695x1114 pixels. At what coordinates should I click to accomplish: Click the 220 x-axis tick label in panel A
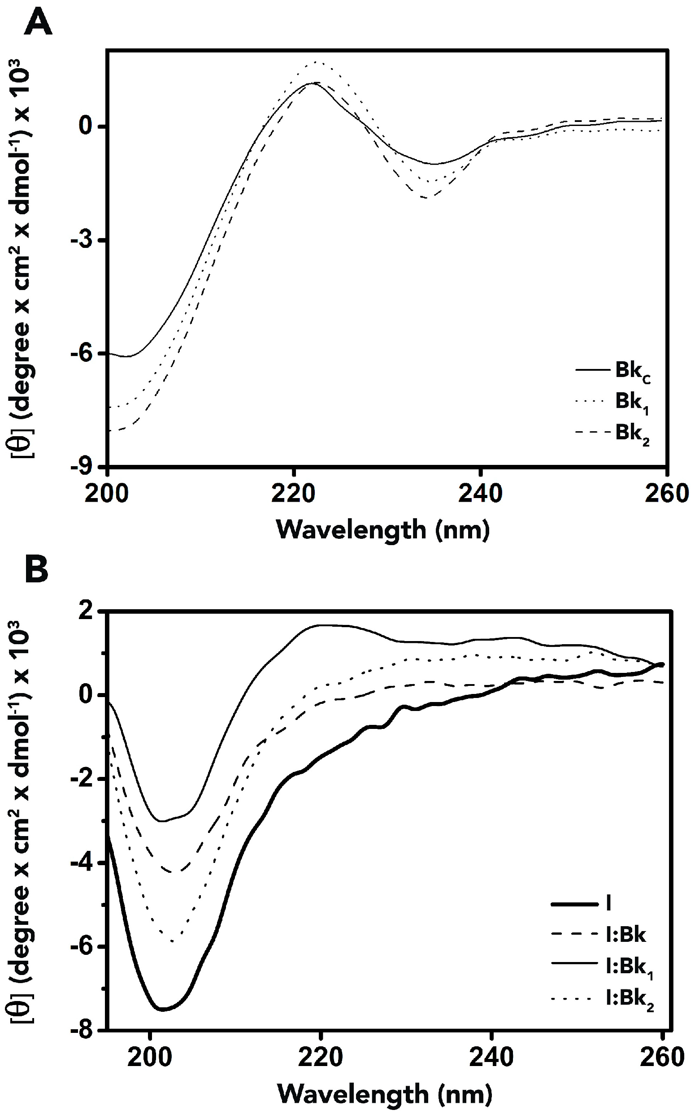click(x=293, y=493)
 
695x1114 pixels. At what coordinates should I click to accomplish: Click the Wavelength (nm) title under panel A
click(x=383, y=529)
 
